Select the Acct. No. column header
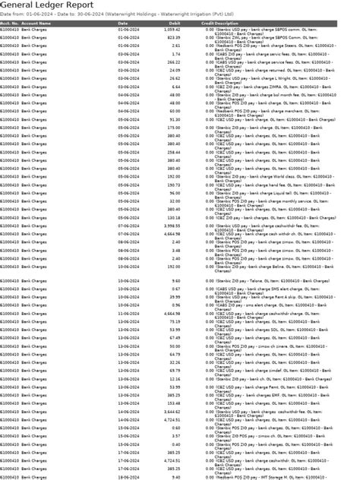click(x=9, y=23)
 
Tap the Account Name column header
click(x=37, y=23)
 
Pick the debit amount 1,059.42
click(x=171, y=29)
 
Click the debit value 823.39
click(x=173, y=36)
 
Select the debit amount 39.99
click(x=175, y=297)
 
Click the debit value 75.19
click(x=175, y=321)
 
